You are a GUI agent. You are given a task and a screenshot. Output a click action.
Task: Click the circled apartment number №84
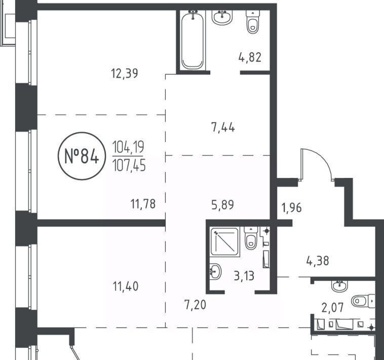(82, 156)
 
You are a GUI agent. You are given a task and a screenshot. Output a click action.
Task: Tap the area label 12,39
(125, 74)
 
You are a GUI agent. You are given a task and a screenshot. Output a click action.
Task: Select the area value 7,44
(223, 128)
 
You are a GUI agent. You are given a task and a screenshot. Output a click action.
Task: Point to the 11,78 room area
(143, 204)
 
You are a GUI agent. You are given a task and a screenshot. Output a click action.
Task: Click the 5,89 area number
(222, 205)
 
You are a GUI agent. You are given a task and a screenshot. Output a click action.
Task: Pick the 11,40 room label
(126, 286)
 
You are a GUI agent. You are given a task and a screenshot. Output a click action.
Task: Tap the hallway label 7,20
(195, 305)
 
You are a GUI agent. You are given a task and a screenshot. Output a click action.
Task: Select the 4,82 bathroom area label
(250, 57)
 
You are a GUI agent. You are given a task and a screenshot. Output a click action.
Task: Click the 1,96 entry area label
(292, 208)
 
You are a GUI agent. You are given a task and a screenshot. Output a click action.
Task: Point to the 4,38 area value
(318, 261)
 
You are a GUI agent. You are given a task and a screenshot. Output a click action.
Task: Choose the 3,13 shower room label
(244, 276)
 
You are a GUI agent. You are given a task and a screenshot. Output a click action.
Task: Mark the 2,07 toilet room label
(333, 308)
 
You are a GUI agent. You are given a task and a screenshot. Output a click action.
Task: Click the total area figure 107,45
(129, 165)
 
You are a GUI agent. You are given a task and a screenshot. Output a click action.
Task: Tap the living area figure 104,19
(128, 147)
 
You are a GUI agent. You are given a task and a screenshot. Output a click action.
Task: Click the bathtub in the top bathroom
(193, 40)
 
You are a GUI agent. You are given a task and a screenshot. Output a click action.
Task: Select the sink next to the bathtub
(222, 17)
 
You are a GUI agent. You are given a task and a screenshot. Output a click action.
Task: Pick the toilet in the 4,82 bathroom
(253, 22)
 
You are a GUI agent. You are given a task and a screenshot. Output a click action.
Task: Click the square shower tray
(225, 242)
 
